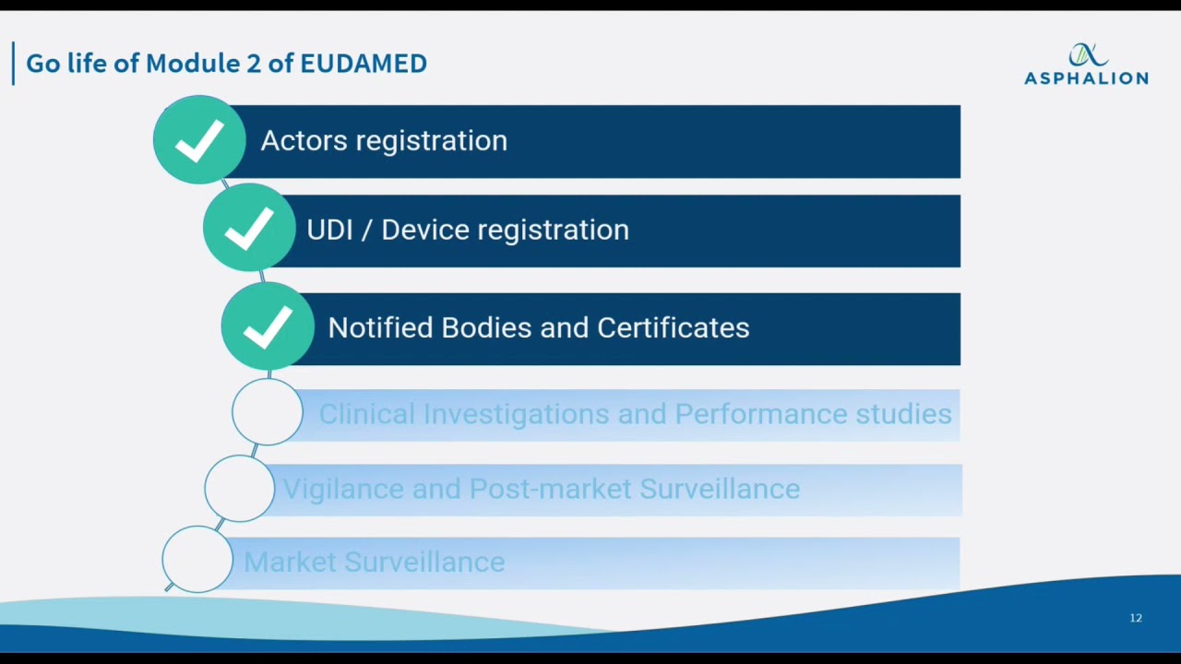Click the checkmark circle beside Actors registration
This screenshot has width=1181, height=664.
coord(199,140)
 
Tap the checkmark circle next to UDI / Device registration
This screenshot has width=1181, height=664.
coord(249,229)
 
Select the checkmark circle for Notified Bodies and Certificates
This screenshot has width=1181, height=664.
coord(268,327)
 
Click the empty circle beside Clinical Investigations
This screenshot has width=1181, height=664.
coord(268,413)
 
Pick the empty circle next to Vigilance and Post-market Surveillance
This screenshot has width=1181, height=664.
coord(239,489)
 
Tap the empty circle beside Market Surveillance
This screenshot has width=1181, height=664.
coord(197,559)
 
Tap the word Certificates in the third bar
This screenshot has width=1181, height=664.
coord(673,328)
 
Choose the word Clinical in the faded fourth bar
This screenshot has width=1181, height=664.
coord(366,414)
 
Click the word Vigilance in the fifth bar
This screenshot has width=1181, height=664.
coord(342,489)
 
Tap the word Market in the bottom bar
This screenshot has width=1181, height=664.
coord(291,562)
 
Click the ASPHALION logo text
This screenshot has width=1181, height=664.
coord(1086,78)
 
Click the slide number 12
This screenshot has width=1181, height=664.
coord(1136,618)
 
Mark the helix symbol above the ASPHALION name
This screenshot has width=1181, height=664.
coord(1087,54)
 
